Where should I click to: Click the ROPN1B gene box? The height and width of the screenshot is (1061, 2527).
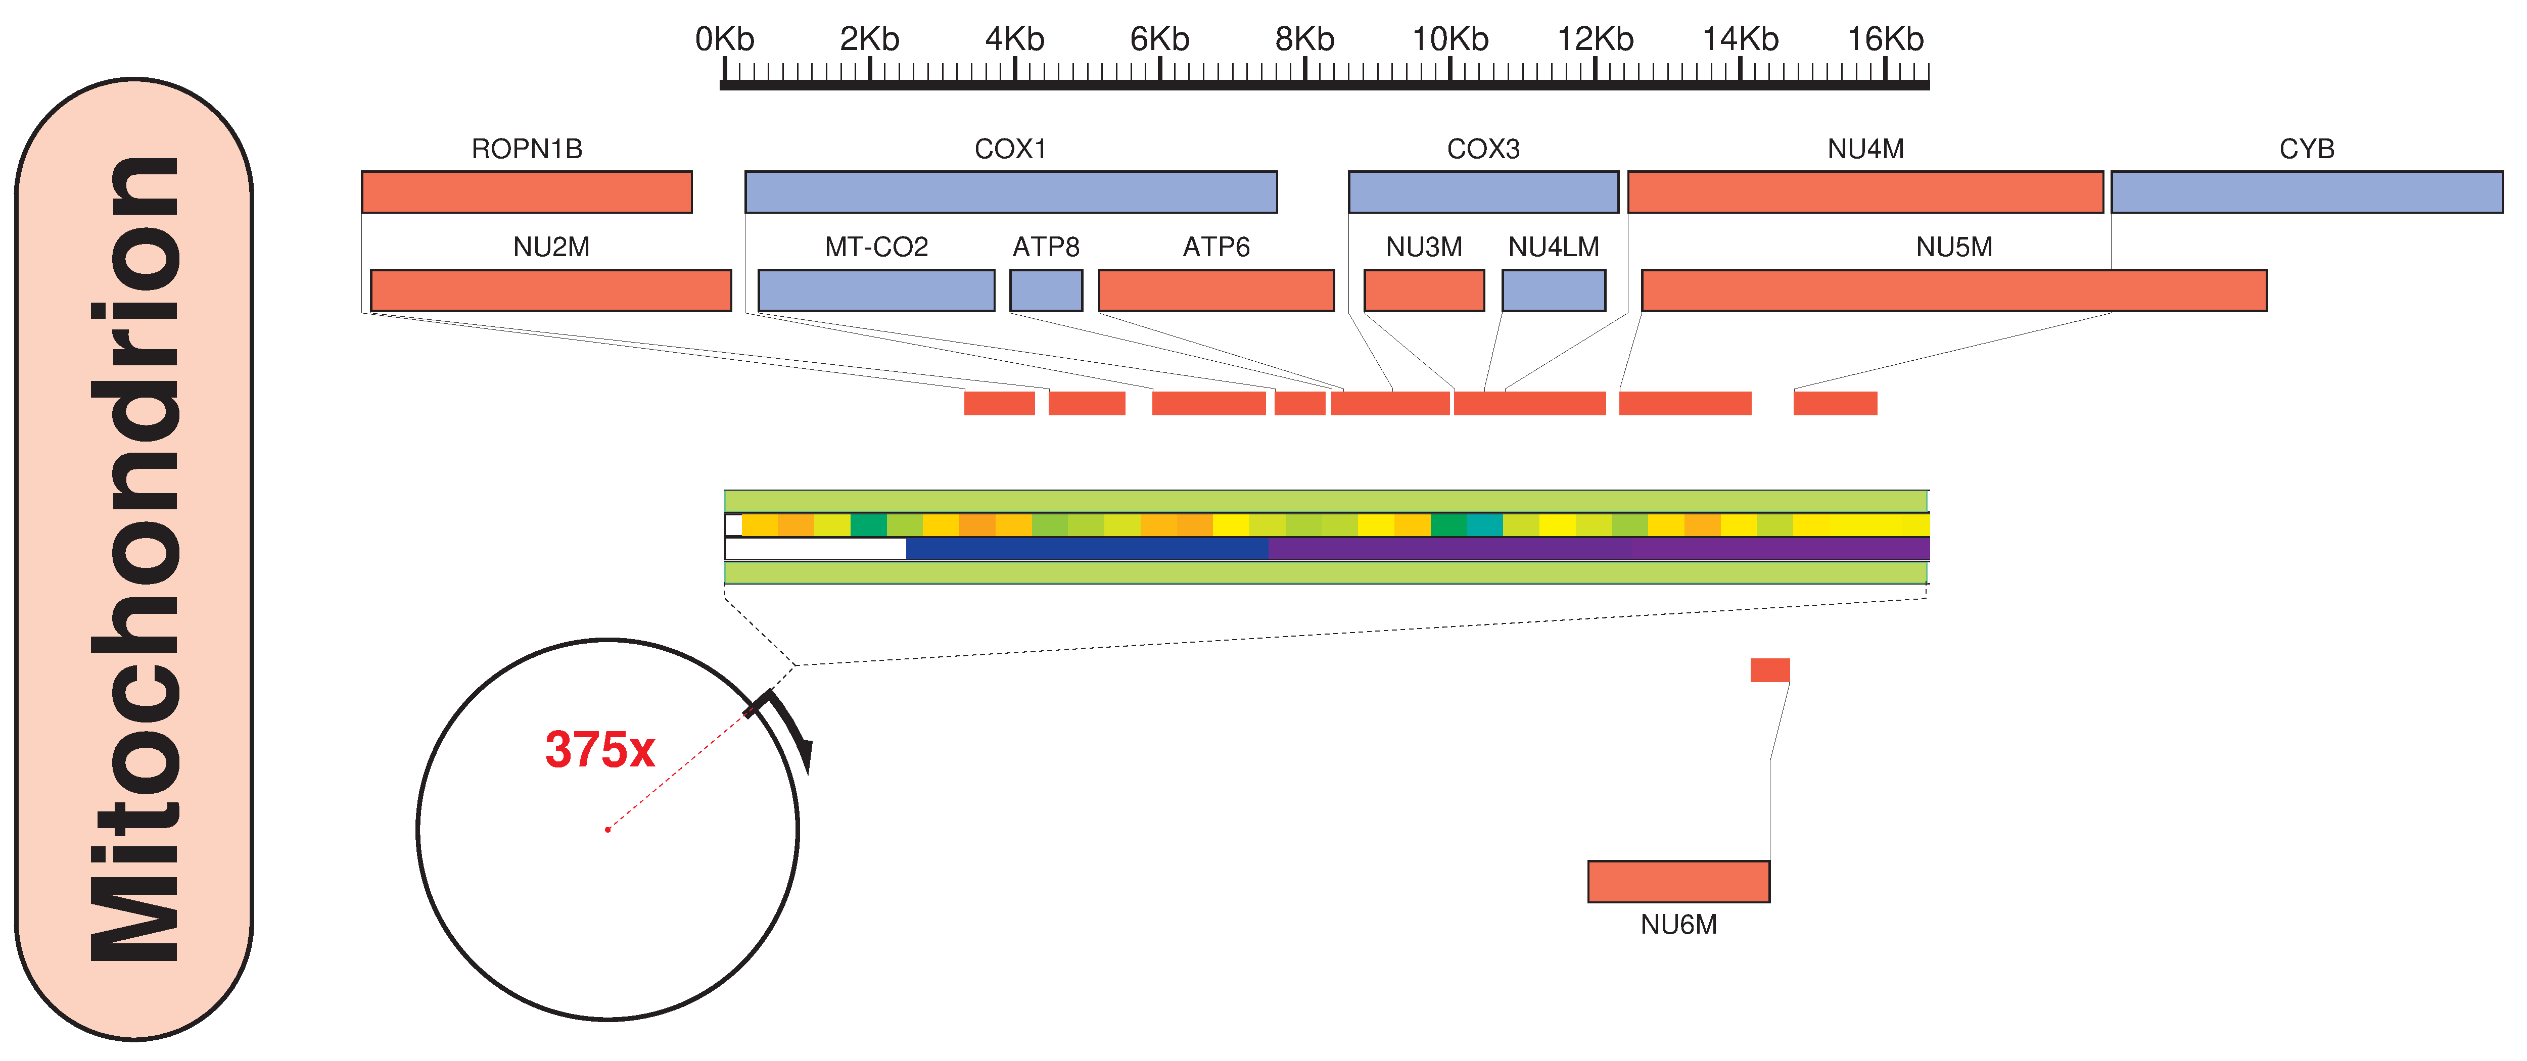[527, 192]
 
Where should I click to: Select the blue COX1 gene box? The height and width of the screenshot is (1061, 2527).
[1010, 192]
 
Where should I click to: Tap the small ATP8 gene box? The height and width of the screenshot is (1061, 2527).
[1046, 290]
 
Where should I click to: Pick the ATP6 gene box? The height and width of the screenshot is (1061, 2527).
[1216, 290]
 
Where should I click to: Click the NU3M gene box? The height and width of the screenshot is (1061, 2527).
[1423, 290]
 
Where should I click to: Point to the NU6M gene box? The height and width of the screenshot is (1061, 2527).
[1678, 882]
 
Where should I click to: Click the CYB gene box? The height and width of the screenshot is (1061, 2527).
[2306, 192]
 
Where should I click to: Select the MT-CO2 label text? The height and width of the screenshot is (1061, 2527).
[876, 247]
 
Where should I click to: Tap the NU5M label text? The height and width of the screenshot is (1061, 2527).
[1954, 247]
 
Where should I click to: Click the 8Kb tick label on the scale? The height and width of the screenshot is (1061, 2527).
[1305, 39]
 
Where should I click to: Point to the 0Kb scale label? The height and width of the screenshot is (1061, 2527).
[725, 39]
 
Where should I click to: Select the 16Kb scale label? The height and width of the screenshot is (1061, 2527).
[1886, 39]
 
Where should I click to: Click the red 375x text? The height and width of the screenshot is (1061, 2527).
[599, 750]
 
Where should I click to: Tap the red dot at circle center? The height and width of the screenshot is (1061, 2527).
[608, 830]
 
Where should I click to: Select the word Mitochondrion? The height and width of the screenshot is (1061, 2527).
[134, 559]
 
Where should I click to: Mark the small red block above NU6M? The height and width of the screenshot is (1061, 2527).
[1770, 670]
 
